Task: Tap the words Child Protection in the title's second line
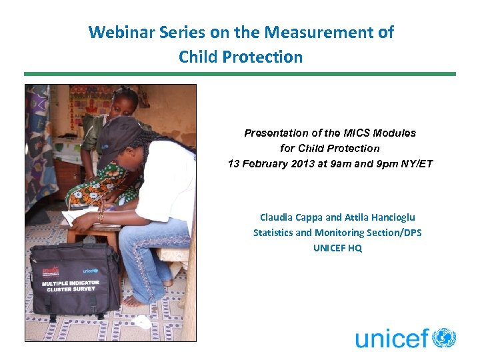tap(240, 57)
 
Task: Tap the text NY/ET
tap(415, 163)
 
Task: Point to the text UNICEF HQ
tap(337, 248)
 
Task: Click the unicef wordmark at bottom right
tap(392, 339)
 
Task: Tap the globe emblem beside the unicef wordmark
tap(444, 338)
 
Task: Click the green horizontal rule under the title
tap(240, 74)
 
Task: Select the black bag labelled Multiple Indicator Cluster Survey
tap(75, 279)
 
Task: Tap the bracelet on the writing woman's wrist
tap(101, 217)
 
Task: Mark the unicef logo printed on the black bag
tap(91, 270)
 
